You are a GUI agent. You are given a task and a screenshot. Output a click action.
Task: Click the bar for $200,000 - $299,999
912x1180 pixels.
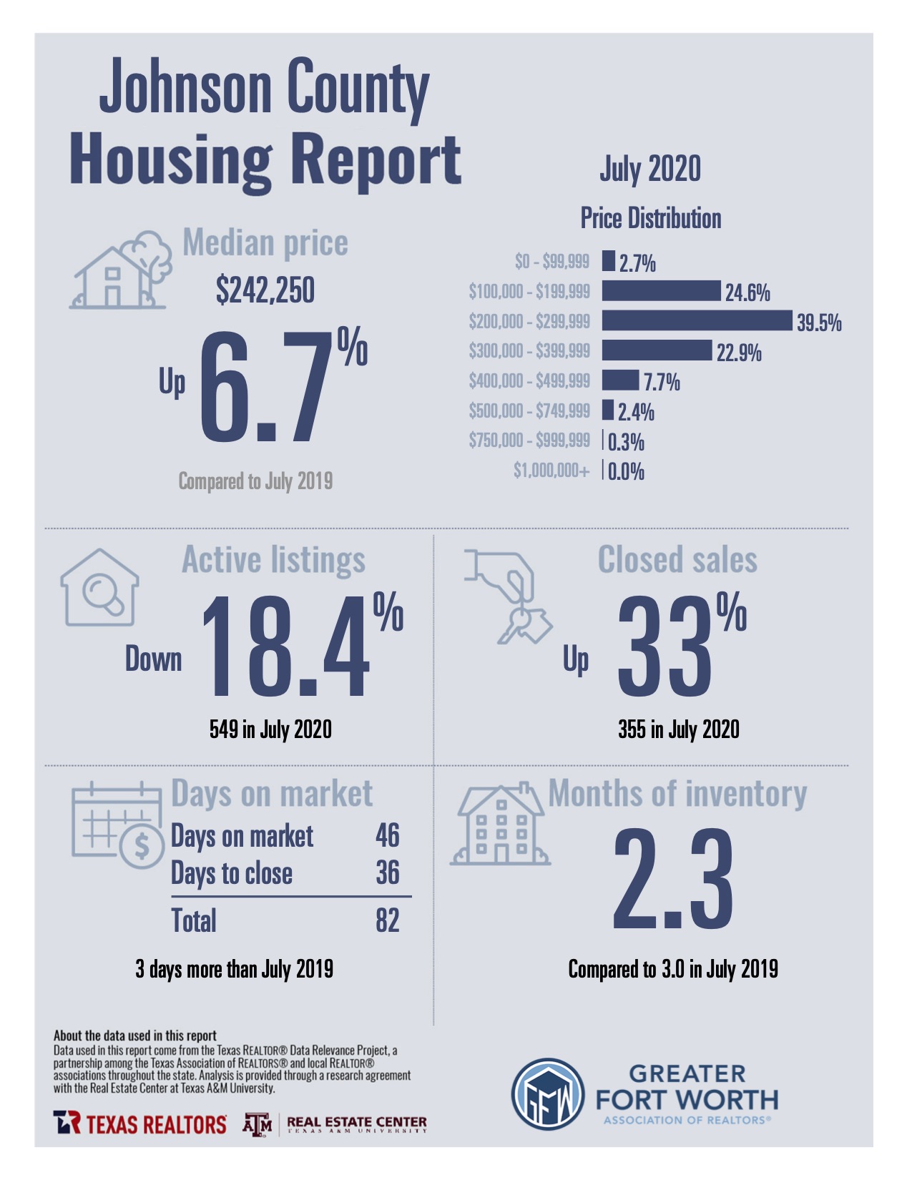click(x=697, y=320)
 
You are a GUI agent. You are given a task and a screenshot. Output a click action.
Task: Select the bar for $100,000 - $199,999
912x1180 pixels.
click(x=661, y=290)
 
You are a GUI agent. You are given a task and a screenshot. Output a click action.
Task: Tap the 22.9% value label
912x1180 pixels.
click(x=739, y=353)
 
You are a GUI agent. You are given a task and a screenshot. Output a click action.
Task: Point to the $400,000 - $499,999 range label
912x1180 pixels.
click(x=529, y=380)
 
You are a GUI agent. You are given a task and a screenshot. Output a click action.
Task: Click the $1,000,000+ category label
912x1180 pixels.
click(x=551, y=470)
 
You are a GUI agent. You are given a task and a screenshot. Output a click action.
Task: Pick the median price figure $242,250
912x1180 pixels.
click(x=265, y=290)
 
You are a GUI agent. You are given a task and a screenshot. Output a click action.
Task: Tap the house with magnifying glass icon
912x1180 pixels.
click(x=100, y=588)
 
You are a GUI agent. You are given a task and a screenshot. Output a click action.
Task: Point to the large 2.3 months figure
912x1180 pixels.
click(x=673, y=880)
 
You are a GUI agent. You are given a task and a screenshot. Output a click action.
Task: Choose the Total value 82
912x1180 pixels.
click(x=388, y=920)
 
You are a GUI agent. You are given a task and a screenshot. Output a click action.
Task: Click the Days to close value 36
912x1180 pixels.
click(x=388, y=872)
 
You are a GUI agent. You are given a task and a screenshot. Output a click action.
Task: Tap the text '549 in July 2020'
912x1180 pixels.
click(x=270, y=729)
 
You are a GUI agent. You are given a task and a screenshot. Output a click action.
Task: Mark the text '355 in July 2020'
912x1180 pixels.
click(x=679, y=729)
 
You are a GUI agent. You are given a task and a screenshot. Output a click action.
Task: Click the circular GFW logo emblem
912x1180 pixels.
click(x=548, y=1094)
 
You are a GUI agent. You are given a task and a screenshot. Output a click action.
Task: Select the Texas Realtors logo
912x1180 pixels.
click(x=140, y=1124)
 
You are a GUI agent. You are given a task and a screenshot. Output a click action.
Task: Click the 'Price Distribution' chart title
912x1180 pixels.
click(x=650, y=218)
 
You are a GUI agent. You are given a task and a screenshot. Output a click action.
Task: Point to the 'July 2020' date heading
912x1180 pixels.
click(x=650, y=169)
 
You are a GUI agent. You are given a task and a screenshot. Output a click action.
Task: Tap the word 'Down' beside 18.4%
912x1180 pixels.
click(x=154, y=659)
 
